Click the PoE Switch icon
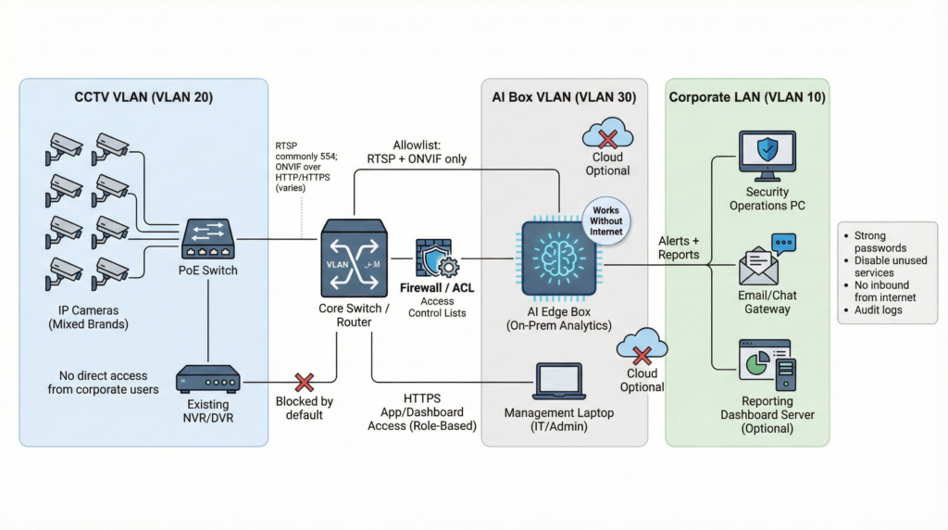[x=207, y=239]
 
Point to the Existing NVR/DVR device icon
[x=207, y=379]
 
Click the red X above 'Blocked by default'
[x=304, y=383]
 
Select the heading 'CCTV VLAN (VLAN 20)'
[x=143, y=97]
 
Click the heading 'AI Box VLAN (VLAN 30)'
[x=565, y=97]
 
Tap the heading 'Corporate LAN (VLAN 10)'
[x=747, y=97]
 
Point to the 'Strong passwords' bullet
[x=882, y=243]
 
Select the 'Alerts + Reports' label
[x=679, y=247]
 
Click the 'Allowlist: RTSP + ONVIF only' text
[x=417, y=151]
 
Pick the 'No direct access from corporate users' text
[x=103, y=383]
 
